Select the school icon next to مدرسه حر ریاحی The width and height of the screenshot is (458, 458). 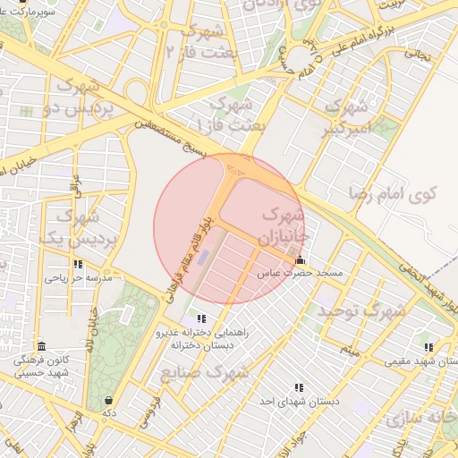[79, 265]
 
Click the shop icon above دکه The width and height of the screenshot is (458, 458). [108, 400]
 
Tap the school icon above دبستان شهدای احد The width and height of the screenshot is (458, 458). [299, 387]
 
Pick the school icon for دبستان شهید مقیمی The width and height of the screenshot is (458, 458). [428, 347]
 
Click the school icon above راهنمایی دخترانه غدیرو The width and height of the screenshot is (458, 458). [201, 318]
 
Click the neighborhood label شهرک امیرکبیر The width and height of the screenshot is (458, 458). [345, 117]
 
